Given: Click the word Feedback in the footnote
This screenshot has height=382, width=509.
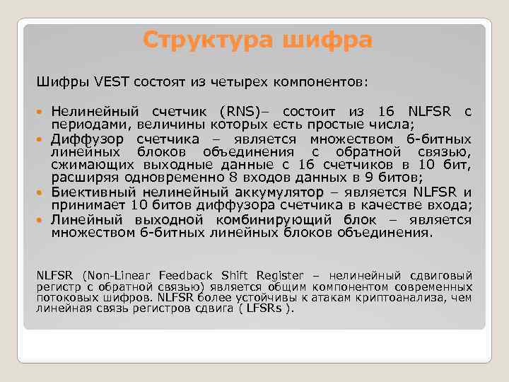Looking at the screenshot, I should click(185, 274).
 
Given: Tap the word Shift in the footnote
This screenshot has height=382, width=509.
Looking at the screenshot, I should click(233, 274).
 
